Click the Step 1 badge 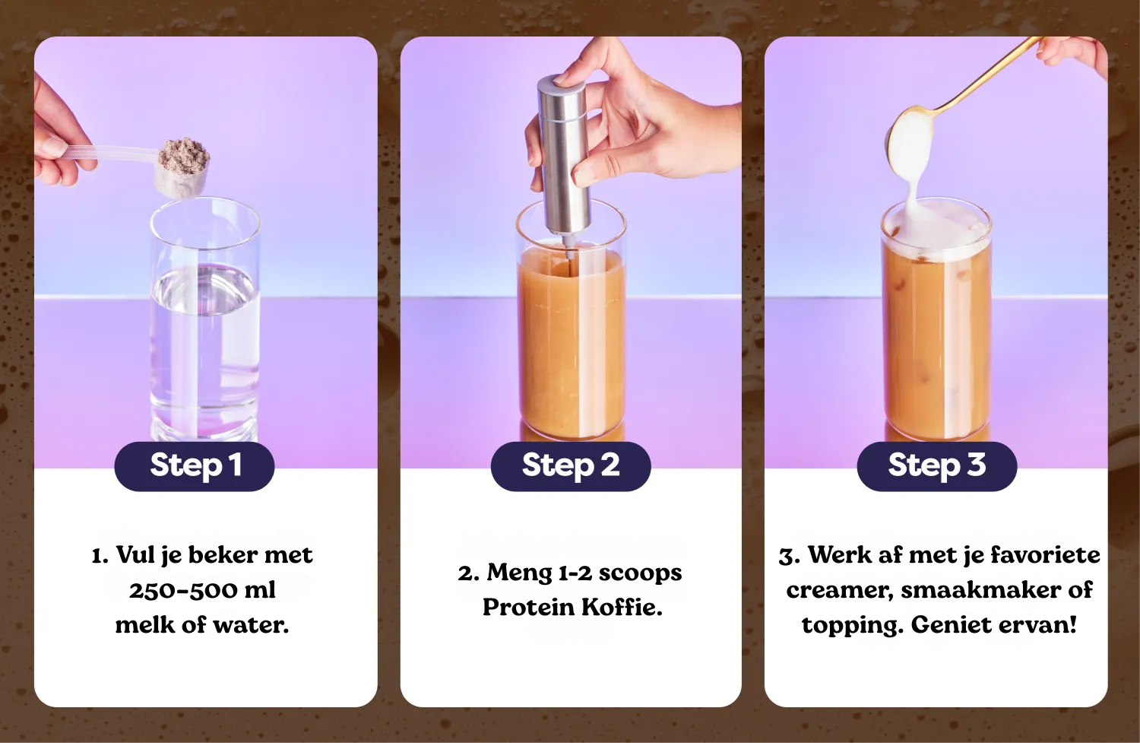point(195,466)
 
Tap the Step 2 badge point(571,466)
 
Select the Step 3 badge point(937,466)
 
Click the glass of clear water point(205,320)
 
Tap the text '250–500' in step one point(182,590)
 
